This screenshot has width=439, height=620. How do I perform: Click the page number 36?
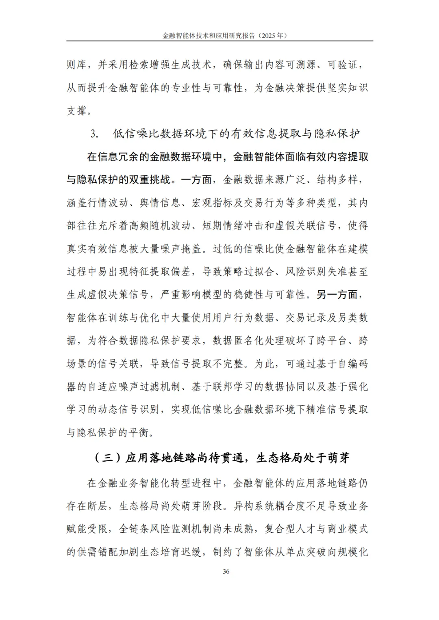226,571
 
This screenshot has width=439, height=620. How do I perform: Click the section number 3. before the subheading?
94,134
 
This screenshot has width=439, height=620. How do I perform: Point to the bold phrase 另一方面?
337,294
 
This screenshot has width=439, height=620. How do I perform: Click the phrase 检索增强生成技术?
170,65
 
